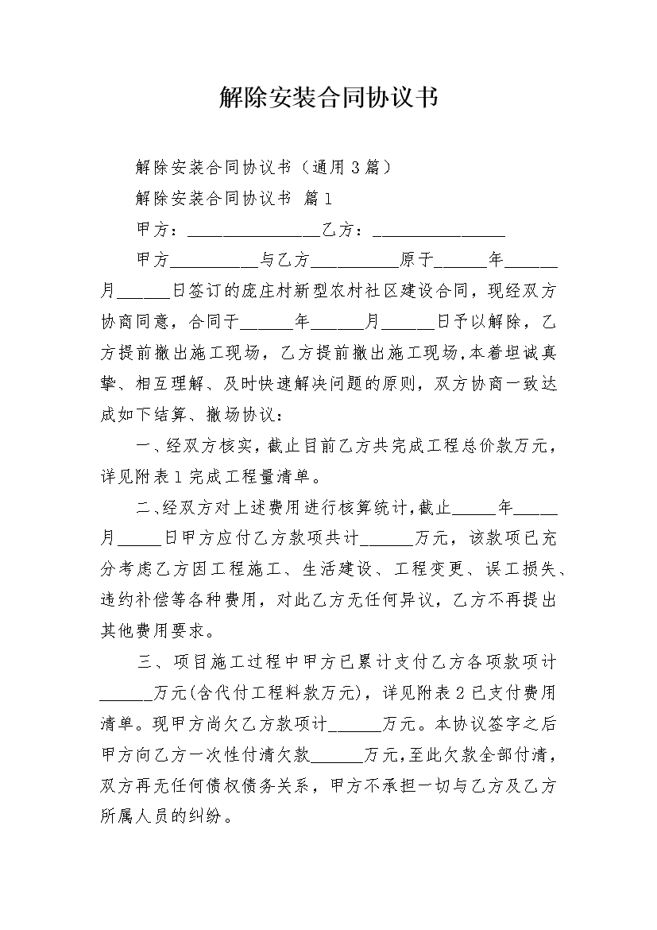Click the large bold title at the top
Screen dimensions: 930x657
[x=328, y=99]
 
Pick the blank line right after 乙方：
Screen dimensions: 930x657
[x=439, y=231]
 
